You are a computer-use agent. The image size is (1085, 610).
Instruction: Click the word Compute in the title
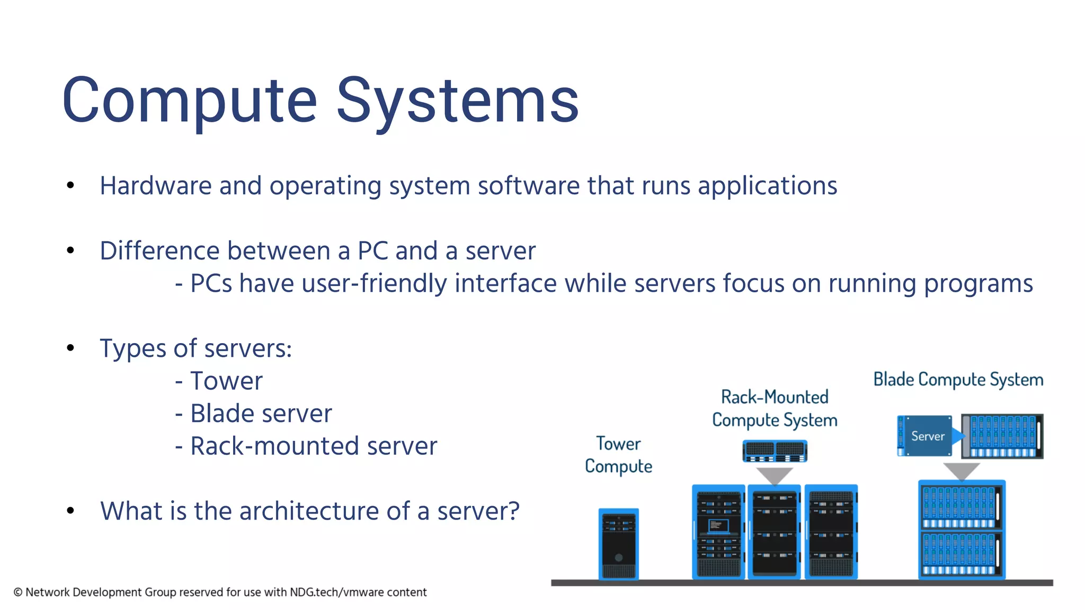pos(189,101)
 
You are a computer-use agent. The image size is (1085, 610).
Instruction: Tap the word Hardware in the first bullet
pos(156,186)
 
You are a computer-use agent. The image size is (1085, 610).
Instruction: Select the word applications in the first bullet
pos(767,186)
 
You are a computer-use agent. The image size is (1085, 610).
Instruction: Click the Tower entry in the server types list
pos(226,381)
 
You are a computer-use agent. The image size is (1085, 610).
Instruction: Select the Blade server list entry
pos(261,414)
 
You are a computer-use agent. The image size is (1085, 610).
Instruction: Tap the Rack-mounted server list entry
pos(314,446)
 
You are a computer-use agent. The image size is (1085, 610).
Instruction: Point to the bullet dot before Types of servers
pos(70,348)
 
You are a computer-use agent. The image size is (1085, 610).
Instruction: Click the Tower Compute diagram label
pos(618,455)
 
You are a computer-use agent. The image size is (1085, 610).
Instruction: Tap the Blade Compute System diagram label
pos(958,380)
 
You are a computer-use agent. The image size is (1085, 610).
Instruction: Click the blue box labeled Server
pos(927,436)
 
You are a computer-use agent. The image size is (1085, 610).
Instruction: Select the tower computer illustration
pos(618,543)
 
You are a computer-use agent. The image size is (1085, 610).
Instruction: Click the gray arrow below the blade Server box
pos(961,471)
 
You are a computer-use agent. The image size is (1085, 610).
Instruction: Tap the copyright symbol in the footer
pos(18,593)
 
